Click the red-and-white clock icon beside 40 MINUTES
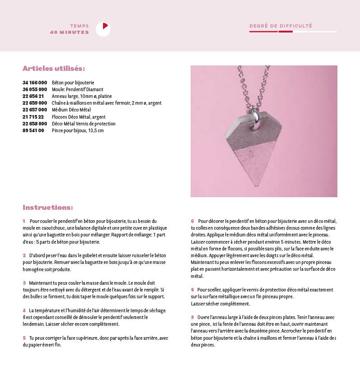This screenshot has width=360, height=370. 103,29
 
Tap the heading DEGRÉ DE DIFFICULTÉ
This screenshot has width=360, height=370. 281,26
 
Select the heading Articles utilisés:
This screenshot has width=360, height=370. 54,69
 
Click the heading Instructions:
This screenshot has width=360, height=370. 47,208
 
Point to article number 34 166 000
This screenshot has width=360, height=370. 35,83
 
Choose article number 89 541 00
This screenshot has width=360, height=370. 33,130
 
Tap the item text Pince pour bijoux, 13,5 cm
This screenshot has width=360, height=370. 78,130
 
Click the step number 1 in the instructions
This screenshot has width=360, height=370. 24,221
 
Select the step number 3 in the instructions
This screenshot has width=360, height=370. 24,283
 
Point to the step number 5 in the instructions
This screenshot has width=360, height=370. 24,338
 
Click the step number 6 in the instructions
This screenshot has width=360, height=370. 192,221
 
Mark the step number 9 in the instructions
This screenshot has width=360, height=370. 192,317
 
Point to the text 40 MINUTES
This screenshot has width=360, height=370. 70,32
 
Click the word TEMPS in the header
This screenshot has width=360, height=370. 79,26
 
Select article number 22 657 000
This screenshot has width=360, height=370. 35,110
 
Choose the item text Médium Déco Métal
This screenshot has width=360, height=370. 71,110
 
